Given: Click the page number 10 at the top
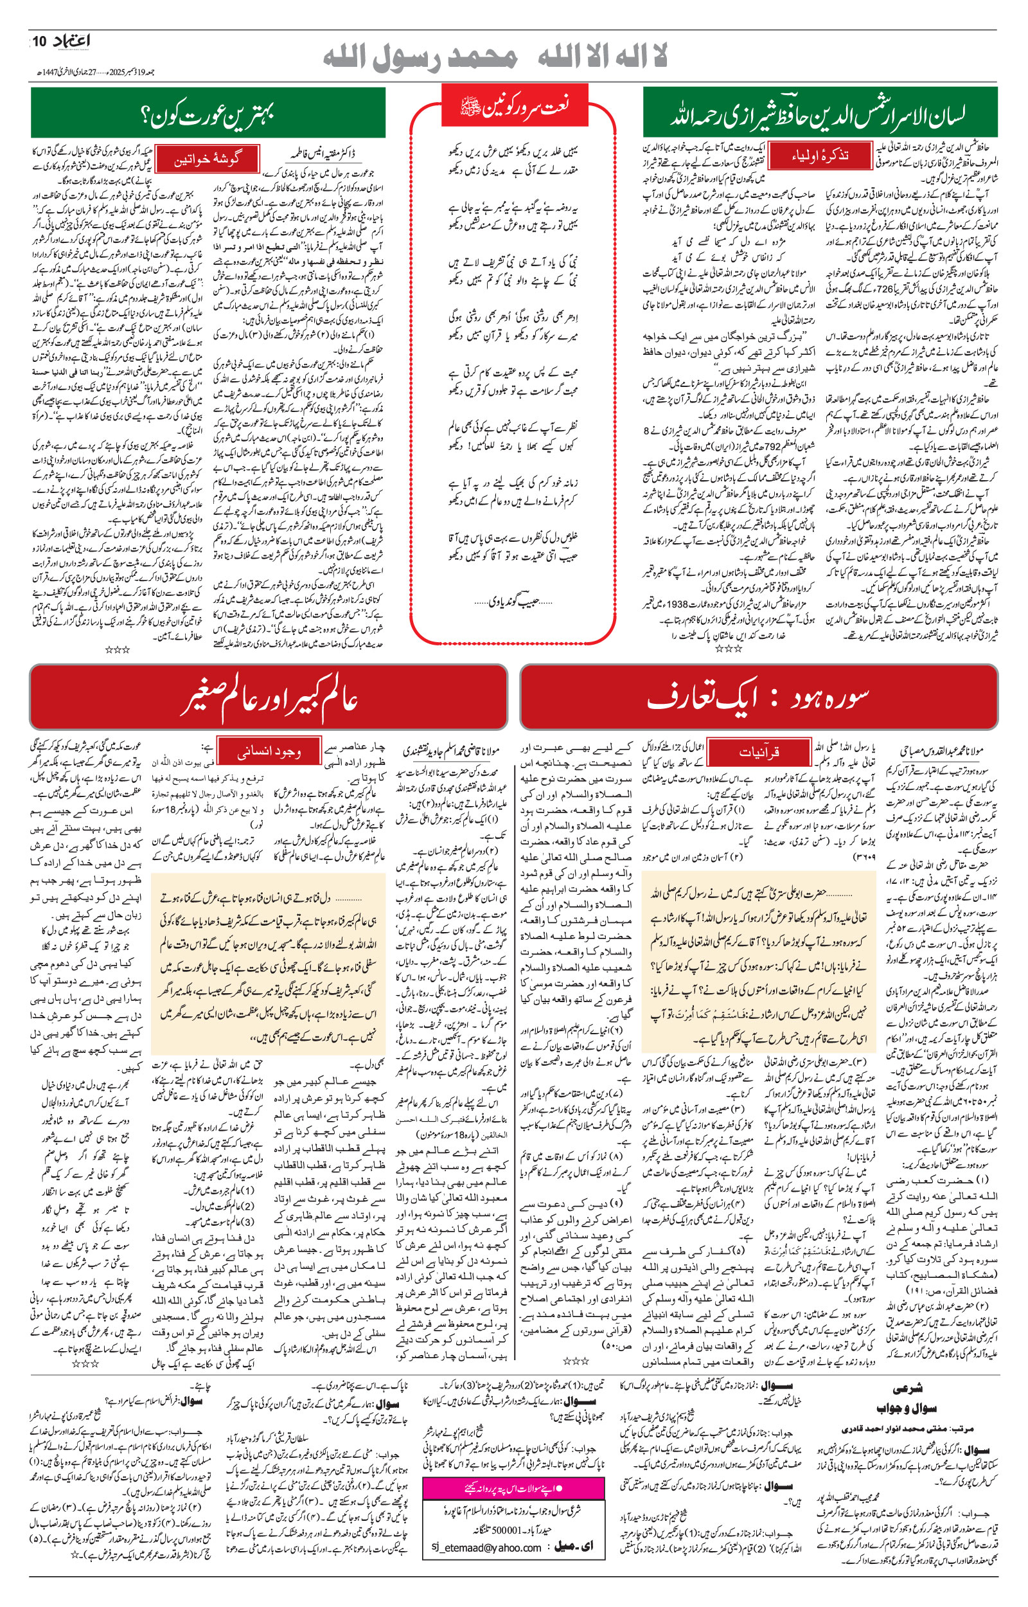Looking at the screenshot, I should click(x=40, y=41).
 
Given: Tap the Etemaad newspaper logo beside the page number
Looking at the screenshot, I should click(x=71, y=41).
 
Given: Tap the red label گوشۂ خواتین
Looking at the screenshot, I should click(x=207, y=159).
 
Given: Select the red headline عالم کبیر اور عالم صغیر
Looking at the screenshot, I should click(x=269, y=697).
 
